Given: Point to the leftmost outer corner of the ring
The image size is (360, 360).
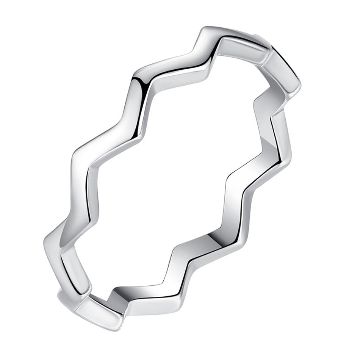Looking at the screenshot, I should tap(44, 243).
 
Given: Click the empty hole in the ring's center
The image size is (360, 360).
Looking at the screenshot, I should tap(178, 178).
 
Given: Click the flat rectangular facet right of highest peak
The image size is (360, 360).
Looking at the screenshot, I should tap(243, 47).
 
